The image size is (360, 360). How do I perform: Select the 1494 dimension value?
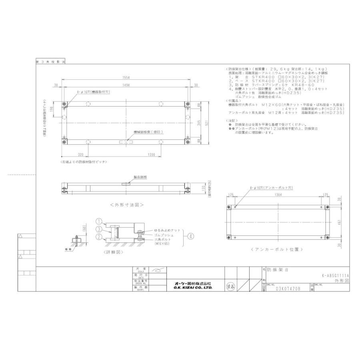pyautogui.click(x=125, y=85)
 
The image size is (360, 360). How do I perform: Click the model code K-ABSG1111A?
pyautogui.click(x=335, y=276)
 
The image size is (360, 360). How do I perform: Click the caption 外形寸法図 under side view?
pyautogui.click(x=126, y=204)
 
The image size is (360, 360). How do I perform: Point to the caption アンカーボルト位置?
pyautogui.click(x=280, y=250)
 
